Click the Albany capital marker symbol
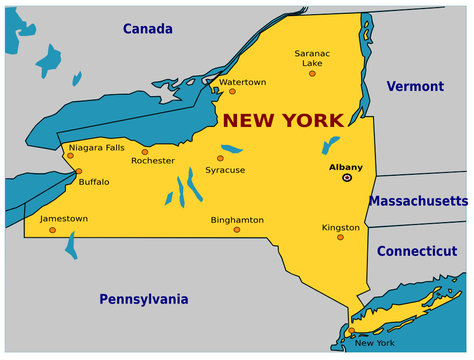(x=347, y=177)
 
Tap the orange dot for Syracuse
(x=220, y=158)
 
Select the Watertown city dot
(x=232, y=91)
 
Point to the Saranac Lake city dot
(x=312, y=73)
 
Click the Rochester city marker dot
(x=144, y=152)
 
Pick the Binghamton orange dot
(x=237, y=229)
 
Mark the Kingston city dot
(x=340, y=237)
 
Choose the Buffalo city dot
(x=78, y=171)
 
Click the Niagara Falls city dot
(x=71, y=155)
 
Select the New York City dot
(x=351, y=331)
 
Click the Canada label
(x=148, y=29)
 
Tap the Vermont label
(x=414, y=86)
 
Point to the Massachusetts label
(x=417, y=201)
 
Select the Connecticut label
(x=416, y=251)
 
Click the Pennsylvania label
(x=143, y=298)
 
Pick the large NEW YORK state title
(x=282, y=121)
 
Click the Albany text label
(x=346, y=167)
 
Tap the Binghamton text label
(x=237, y=219)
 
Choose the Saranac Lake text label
(x=312, y=57)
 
